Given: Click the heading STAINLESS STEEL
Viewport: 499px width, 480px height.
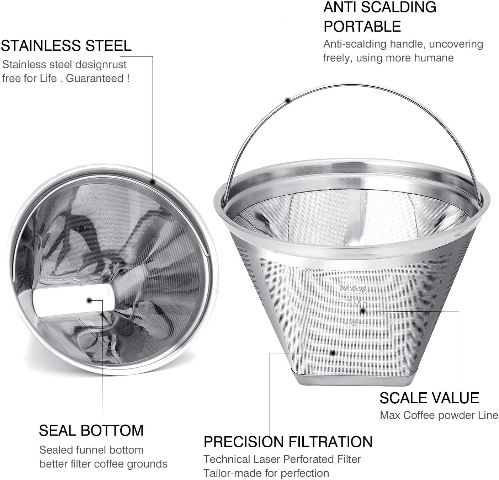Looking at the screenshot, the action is click(x=66, y=46).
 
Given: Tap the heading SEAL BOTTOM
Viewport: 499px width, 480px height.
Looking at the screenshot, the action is click(x=91, y=430).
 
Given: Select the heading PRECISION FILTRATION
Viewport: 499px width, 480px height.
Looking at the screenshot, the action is click(x=288, y=442).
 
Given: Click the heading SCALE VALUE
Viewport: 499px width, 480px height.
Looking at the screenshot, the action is click(x=429, y=398).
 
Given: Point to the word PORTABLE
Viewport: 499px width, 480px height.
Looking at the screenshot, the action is click(x=362, y=26).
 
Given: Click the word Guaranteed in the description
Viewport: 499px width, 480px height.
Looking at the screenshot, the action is click(x=95, y=79).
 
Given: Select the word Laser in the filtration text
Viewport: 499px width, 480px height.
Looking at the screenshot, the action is click(x=266, y=459).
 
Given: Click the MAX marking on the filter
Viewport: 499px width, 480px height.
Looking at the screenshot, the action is click(x=353, y=288).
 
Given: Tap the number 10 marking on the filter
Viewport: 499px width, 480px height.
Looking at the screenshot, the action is click(x=353, y=302).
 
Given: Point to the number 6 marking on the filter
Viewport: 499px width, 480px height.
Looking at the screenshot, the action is click(x=353, y=323).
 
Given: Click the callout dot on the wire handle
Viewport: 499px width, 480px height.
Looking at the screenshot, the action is click(x=288, y=100).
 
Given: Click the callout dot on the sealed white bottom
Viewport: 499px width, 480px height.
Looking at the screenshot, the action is click(x=89, y=301).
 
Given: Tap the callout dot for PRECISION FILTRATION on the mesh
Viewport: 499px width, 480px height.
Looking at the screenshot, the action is click(x=333, y=353).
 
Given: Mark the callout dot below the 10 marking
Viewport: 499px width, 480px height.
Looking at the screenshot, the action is click(x=362, y=311).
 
